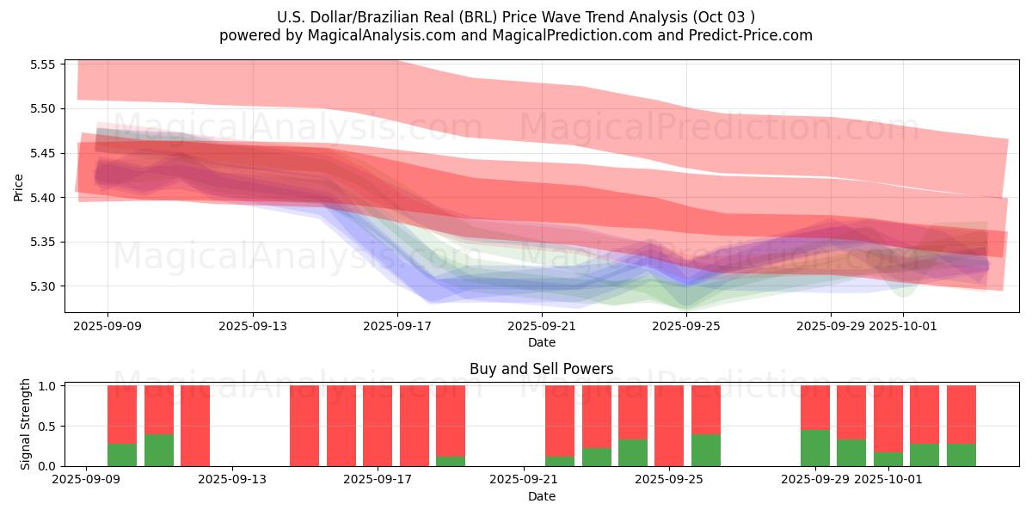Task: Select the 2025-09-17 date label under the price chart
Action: (x=397, y=326)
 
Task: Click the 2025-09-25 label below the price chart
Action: (x=686, y=326)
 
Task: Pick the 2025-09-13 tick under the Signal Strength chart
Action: (x=232, y=480)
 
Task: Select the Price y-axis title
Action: (x=19, y=186)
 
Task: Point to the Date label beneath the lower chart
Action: (x=542, y=496)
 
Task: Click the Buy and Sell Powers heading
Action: (x=542, y=369)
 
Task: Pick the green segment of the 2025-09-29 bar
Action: (x=815, y=448)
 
